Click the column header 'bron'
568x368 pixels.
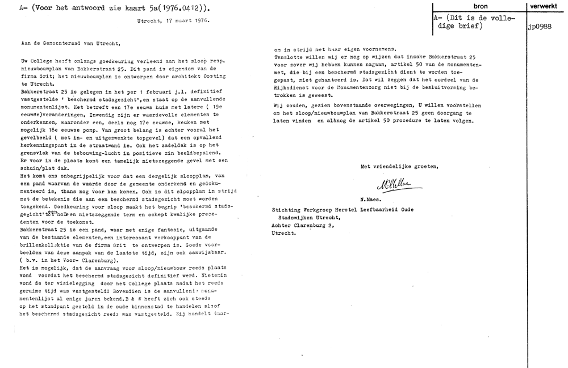(480, 5)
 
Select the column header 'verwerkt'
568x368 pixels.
(547, 5)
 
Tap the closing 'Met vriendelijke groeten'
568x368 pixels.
(399, 166)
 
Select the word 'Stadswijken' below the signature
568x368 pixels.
(298, 218)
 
